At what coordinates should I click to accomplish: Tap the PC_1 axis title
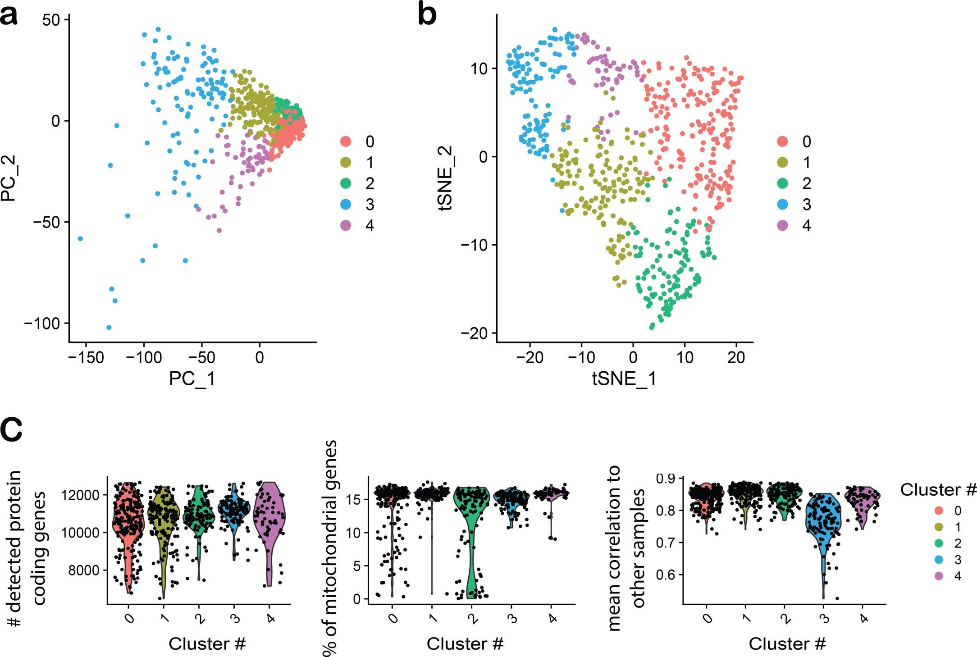pyautogui.click(x=192, y=379)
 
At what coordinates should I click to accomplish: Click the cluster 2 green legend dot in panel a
pyautogui.click(x=346, y=183)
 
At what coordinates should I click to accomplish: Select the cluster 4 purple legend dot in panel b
pyautogui.click(x=783, y=225)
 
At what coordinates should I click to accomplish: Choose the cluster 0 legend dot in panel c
pyautogui.click(x=940, y=511)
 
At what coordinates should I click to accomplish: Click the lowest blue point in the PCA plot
pyautogui.click(x=109, y=328)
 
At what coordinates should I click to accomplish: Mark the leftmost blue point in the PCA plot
pyautogui.click(x=80, y=238)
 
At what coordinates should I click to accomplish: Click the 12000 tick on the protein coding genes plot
pyautogui.click(x=80, y=495)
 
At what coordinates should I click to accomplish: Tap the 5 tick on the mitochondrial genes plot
pyautogui.click(x=356, y=566)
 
